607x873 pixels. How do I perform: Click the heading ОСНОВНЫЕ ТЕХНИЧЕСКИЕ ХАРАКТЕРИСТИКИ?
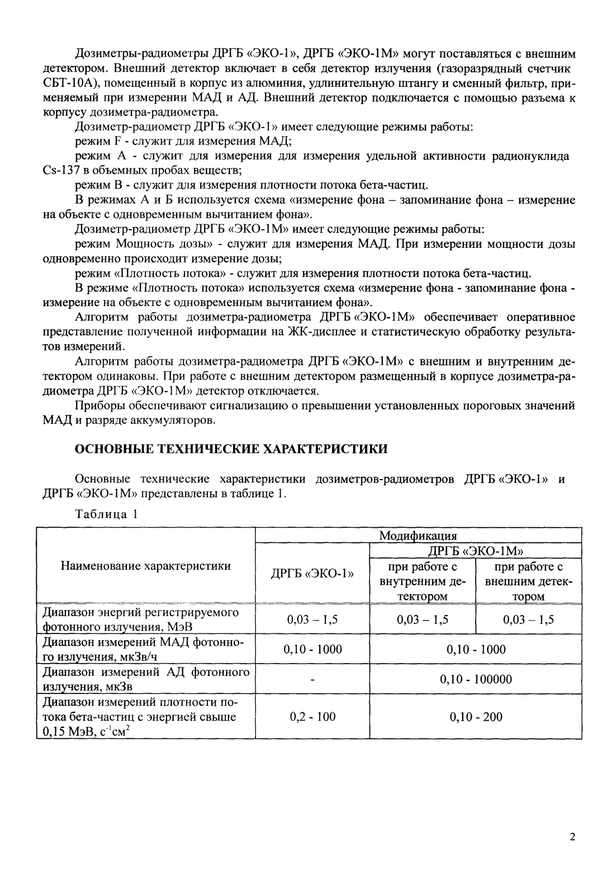(231, 448)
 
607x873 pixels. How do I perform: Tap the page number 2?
(572, 837)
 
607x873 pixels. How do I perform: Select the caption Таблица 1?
(106, 514)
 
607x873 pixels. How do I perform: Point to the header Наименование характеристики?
(145, 566)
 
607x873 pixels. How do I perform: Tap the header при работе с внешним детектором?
(528, 581)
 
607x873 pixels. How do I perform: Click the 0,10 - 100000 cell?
(476, 679)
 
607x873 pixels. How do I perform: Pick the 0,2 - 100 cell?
(312, 717)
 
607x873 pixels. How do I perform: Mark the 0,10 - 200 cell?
(476, 717)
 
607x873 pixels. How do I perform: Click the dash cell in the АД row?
(312, 679)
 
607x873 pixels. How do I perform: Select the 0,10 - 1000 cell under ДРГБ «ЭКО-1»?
(312, 649)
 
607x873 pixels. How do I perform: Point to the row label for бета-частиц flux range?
(140, 717)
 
